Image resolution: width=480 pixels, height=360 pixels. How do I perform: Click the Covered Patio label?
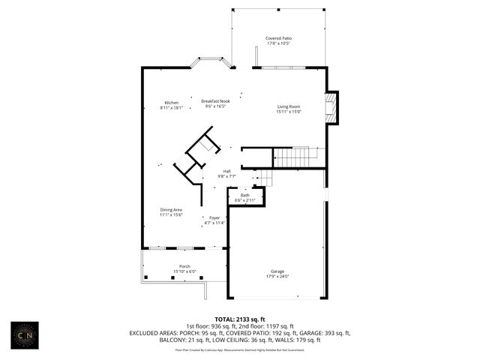[278, 37]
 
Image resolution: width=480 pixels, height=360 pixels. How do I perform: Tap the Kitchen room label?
[172, 103]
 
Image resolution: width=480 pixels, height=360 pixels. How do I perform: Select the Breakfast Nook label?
[214, 100]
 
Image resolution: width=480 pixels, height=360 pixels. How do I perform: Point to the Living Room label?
[289, 106]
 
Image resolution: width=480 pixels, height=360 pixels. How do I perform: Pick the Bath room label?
[245, 195]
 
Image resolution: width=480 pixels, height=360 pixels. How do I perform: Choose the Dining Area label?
[171, 209]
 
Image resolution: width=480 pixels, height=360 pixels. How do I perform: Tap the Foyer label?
[214, 217]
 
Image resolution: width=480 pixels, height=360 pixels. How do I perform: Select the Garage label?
[278, 271]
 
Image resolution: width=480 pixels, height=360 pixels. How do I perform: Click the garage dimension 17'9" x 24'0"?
[278, 276]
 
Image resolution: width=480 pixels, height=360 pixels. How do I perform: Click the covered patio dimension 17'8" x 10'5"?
[278, 43]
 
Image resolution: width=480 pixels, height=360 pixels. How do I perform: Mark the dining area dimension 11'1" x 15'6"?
[171, 214]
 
